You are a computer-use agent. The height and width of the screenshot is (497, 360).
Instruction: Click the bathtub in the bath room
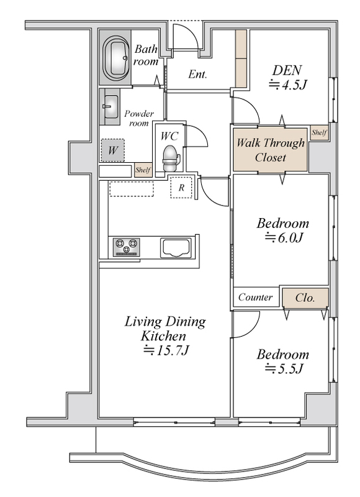tap(116, 58)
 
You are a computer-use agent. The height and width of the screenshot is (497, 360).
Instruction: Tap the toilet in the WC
tap(171, 158)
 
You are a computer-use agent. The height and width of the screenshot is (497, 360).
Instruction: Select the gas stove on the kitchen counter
tap(127, 247)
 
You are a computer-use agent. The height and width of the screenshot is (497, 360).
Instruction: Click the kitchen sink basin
tap(176, 247)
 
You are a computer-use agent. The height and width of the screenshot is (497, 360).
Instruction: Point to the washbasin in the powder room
tap(110, 107)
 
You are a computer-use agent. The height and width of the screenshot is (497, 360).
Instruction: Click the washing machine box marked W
tap(113, 150)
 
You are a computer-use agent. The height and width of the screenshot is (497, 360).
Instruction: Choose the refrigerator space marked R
tap(181, 188)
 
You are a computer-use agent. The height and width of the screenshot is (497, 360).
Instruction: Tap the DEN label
tap(287, 70)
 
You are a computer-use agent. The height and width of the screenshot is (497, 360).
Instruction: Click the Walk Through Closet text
tap(271, 150)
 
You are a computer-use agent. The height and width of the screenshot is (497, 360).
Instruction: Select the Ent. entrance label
tap(197, 74)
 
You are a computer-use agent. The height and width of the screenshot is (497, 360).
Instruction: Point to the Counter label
tap(255, 297)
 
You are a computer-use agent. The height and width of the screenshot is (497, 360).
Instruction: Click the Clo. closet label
tap(305, 298)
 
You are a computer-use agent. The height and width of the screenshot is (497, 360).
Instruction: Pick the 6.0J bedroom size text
tap(284, 237)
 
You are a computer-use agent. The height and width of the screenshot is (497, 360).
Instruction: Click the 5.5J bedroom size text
tap(284, 368)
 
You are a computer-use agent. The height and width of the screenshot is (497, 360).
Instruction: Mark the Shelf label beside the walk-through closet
tap(319, 132)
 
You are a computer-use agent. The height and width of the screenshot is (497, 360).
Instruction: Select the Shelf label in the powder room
tap(143, 170)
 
